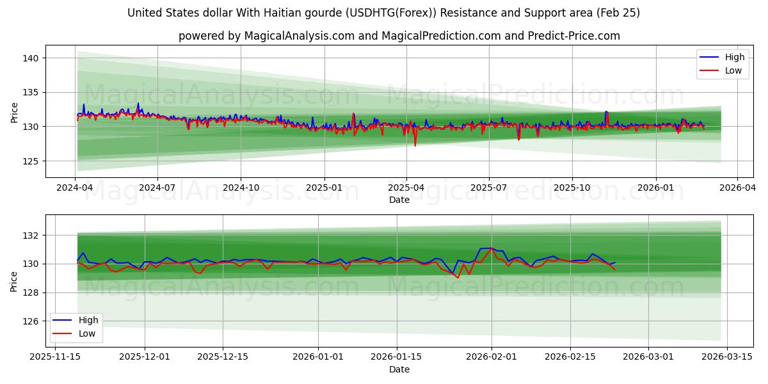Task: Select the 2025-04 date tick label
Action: (406, 188)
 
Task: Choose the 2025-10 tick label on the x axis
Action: (572, 188)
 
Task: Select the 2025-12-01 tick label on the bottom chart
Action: (145, 356)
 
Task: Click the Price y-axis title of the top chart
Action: (14, 111)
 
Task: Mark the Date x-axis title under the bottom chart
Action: (399, 369)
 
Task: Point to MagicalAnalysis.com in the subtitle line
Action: (300, 36)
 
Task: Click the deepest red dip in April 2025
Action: (415, 145)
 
